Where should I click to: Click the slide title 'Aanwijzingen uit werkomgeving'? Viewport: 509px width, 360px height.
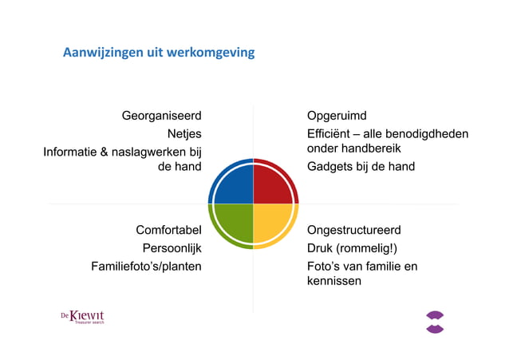coord(159,53)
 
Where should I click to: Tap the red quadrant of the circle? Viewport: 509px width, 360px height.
coord(274,183)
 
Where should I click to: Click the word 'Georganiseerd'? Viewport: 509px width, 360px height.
coord(161,117)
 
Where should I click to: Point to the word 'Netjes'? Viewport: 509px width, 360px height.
coord(183,133)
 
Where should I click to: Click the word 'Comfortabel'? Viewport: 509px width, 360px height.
coord(168,231)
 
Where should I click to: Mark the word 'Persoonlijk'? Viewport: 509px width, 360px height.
coord(172,248)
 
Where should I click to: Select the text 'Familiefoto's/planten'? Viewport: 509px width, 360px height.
coord(146,266)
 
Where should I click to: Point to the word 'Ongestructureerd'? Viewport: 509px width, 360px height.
coord(353,231)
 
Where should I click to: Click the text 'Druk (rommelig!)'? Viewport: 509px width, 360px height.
coord(351,248)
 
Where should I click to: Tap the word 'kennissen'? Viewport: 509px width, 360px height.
coord(334,281)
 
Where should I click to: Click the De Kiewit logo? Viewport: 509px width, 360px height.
coord(82,317)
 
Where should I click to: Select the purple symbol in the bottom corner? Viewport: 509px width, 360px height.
coord(435,322)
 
